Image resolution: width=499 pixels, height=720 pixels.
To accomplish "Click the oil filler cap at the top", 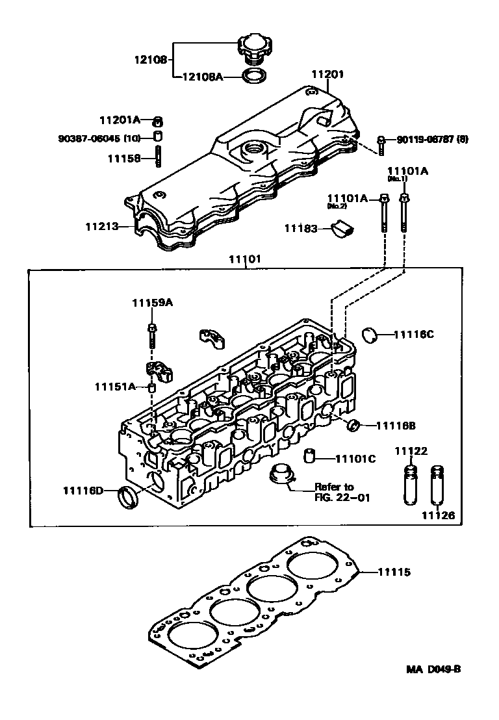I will [251, 47].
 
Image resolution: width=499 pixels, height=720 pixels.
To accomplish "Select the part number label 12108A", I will [201, 77].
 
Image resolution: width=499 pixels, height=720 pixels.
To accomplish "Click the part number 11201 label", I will [327, 75].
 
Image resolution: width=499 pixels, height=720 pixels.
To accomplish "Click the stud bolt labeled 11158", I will [157, 157].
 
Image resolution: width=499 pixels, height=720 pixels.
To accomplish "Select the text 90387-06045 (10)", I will [99, 138].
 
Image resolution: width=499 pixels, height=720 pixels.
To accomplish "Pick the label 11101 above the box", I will [244, 259].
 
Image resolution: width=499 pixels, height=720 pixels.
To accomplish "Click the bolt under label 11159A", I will [151, 333].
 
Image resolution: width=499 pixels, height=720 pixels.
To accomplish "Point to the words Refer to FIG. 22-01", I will [334, 492].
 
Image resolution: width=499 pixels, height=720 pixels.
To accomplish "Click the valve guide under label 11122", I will [411, 484].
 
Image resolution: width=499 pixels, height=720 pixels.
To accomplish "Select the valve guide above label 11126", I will [437, 486].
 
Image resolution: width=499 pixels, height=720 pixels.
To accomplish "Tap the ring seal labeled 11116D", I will [128, 497].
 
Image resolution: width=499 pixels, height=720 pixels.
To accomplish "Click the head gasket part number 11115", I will [394, 572].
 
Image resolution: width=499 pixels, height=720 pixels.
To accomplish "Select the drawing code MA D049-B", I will [434, 670].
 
